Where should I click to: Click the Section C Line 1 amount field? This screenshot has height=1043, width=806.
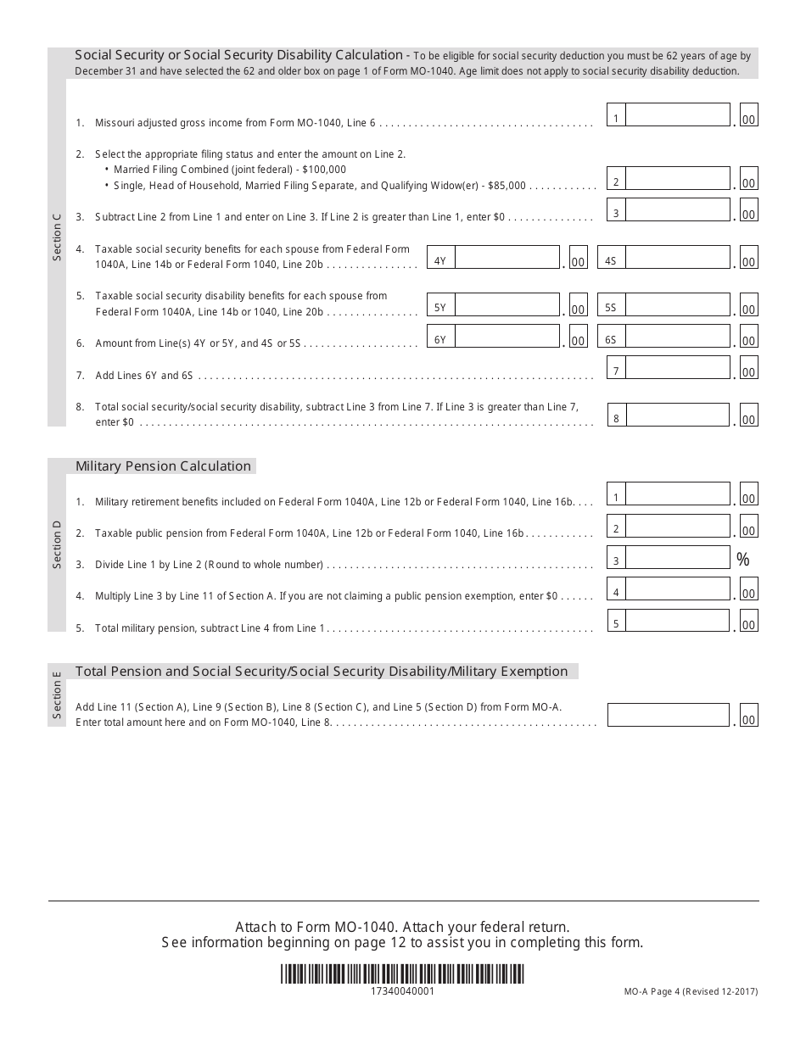click(x=677, y=115)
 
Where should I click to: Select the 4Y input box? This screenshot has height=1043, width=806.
click(x=507, y=258)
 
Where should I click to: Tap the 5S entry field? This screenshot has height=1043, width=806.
click(x=677, y=305)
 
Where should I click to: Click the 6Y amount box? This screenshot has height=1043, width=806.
click(x=507, y=337)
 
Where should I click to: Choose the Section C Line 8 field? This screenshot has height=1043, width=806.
click(x=677, y=416)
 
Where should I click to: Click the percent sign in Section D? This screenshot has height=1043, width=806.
click(x=743, y=560)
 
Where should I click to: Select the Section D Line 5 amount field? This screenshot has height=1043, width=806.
click(x=677, y=621)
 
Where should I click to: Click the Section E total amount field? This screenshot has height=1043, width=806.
click(x=669, y=716)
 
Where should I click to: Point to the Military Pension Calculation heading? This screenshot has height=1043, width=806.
click(x=164, y=466)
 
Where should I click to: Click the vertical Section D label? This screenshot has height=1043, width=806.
click(x=57, y=544)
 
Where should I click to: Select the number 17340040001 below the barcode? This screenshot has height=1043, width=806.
click(x=403, y=991)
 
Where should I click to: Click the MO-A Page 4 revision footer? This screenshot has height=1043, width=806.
click(x=691, y=991)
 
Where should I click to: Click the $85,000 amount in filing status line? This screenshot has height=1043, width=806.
click(x=506, y=185)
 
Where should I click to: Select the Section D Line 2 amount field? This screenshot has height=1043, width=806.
click(x=677, y=527)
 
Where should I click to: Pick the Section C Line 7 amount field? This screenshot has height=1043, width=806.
click(x=677, y=368)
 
